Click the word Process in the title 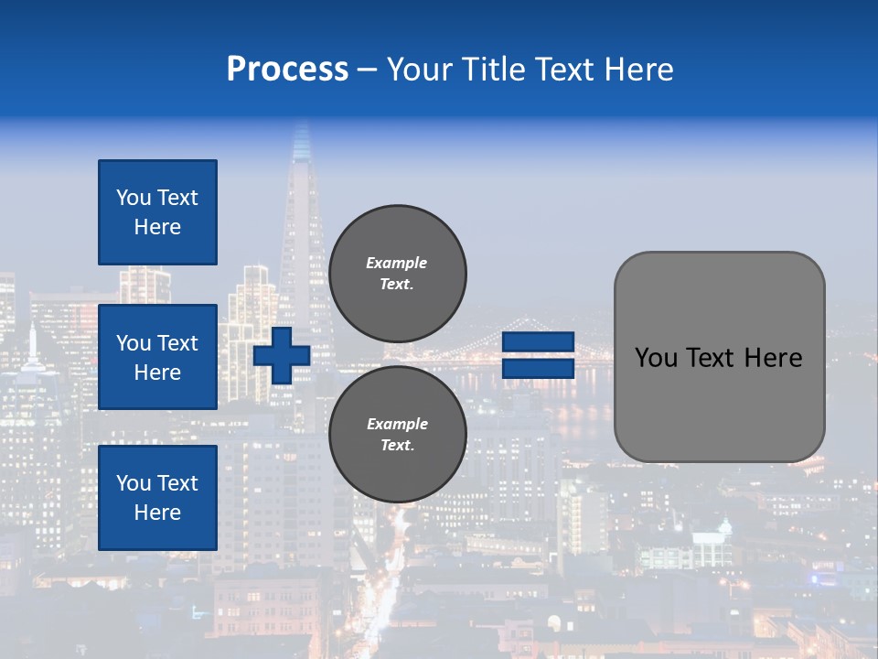(x=287, y=70)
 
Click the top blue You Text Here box (x=157, y=212)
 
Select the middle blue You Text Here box (x=157, y=357)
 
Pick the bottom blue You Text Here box (x=157, y=497)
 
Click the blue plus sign (x=282, y=355)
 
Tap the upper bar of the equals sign (x=538, y=342)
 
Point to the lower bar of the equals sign (x=538, y=369)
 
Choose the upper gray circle (x=397, y=274)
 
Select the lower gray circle (x=397, y=435)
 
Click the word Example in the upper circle (x=396, y=263)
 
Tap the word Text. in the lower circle (x=397, y=446)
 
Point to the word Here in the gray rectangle (x=774, y=358)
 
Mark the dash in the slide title (x=367, y=70)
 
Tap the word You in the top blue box (x=134, y=198)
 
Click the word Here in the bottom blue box (x=157, y=513)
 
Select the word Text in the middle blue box (x=177, y=343)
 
